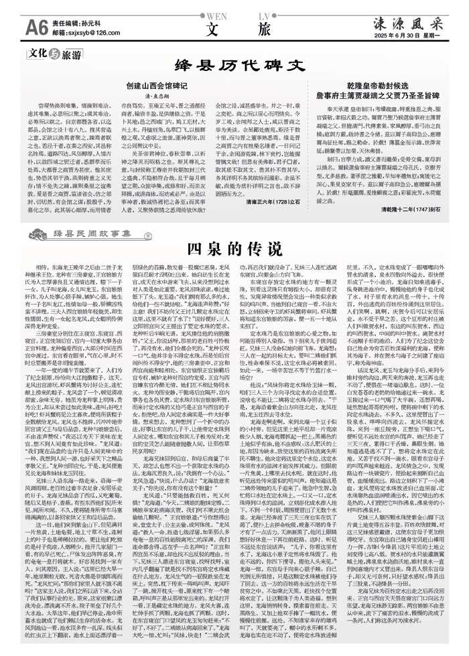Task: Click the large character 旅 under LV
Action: pos(263,29)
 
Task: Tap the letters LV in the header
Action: pos(263,14)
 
